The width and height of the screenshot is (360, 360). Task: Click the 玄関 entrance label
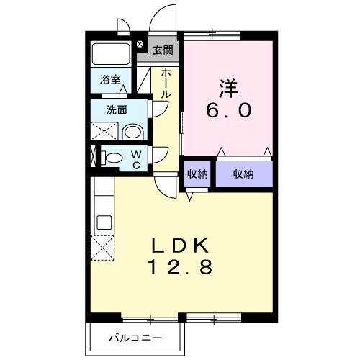pos(163,50)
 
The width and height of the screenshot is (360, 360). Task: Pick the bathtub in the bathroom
pos(110,55)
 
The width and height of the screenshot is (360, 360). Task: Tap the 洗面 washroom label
pos(117,110)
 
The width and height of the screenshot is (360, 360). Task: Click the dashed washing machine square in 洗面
pos(104,131)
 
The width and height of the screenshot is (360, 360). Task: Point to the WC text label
pos(135,158)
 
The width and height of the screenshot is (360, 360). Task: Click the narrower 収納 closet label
pos(197,174)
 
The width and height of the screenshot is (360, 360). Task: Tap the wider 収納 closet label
pos(243,174)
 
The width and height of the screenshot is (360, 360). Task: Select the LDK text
pos(181,246)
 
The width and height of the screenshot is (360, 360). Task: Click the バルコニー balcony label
pos(136,337)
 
